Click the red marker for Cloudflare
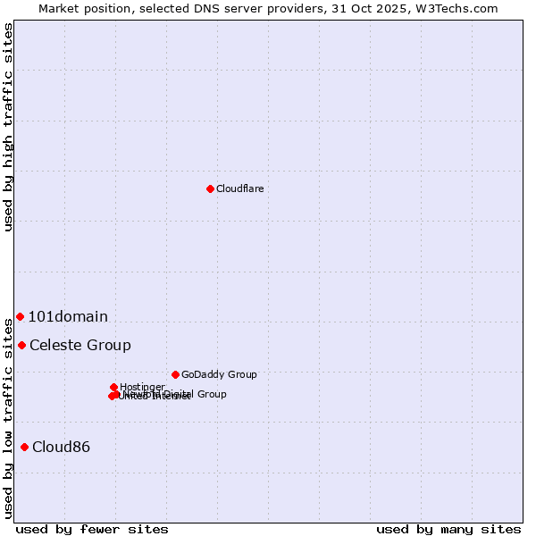click(210, 188)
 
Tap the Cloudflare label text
click(239, 188)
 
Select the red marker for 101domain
click(20, 316)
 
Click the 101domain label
click(68, 316)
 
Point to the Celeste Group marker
click(21, 345)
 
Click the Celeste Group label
click(80, 345)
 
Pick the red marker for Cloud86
click(24, 447)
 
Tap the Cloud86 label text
click(61, 447)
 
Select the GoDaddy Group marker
click(175, 374)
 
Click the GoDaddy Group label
click(219, 374)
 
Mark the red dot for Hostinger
click(113, 387)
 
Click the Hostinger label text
click(143, 387)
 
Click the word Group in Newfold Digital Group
click(212, 394)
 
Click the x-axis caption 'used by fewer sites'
click(92, 529)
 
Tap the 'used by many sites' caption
click(448, 529)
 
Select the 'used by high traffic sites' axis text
click(9, 127)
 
